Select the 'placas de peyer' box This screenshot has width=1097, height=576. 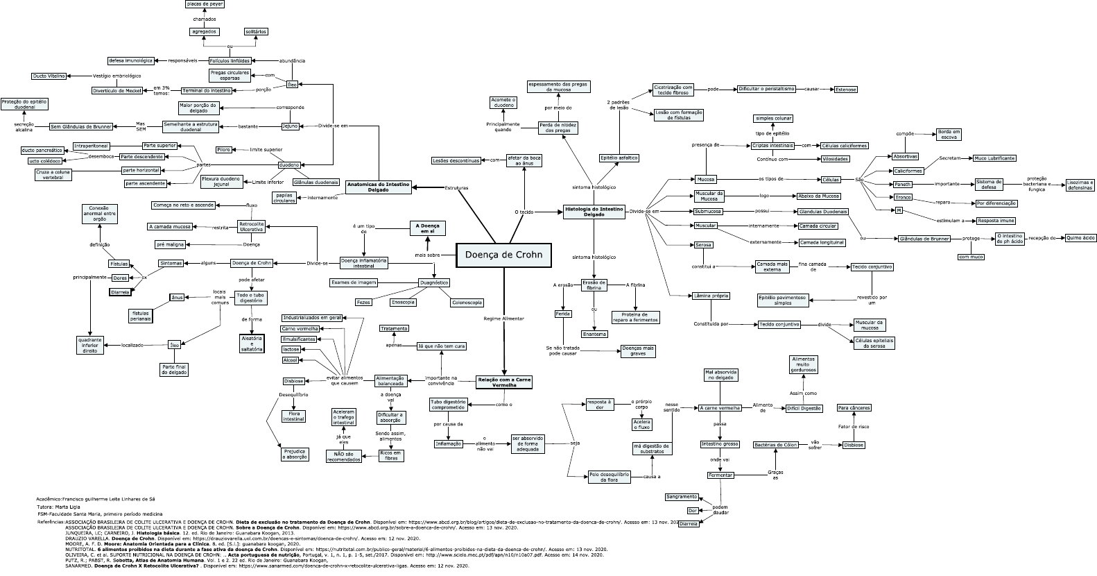click(205, 4)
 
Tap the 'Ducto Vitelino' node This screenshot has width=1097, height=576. click(49, 76)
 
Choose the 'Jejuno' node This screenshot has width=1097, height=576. click(290, 126)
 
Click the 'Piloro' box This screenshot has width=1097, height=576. click(223, 150)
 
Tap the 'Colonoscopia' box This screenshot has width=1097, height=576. click(467, 303)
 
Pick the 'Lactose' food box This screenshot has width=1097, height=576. click(291, 349)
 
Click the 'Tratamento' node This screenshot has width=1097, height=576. click(394, 328)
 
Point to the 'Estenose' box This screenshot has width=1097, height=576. click(845, 90)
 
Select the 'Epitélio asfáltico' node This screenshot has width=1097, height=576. click(619, 158)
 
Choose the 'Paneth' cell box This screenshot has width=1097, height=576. click(902, 184)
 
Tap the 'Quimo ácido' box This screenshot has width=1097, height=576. click(1080, 237)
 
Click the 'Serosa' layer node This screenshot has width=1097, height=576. click(702, 245)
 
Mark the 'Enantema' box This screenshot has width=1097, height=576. click(594, 334)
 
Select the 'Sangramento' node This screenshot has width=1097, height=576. click(682, 497)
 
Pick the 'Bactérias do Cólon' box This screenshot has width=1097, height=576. click(776, 445)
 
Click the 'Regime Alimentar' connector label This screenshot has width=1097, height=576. click(503, 318)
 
